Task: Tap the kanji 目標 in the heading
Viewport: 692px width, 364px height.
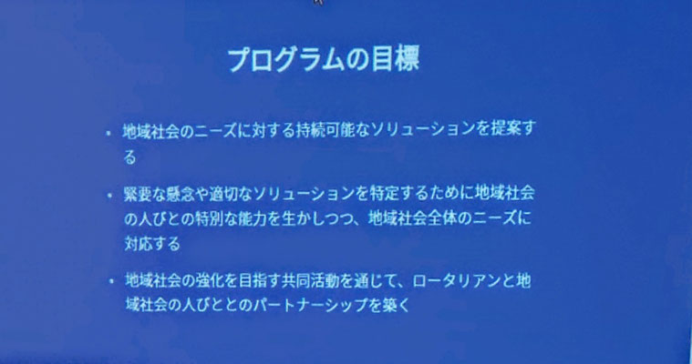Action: pos(395,59)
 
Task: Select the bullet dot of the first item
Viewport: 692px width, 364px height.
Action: pos(108,132)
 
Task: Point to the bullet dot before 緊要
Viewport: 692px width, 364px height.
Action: pos(109,196)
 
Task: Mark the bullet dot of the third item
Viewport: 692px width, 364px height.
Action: pos(111,280)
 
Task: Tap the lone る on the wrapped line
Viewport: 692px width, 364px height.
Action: pos(129,157)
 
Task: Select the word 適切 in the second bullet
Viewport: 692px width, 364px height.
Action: pos(222,195)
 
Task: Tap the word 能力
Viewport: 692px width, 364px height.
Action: pos(253,219)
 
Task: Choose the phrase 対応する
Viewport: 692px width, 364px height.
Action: pos(152,243)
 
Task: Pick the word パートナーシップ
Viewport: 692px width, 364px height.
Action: pos(311,305)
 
